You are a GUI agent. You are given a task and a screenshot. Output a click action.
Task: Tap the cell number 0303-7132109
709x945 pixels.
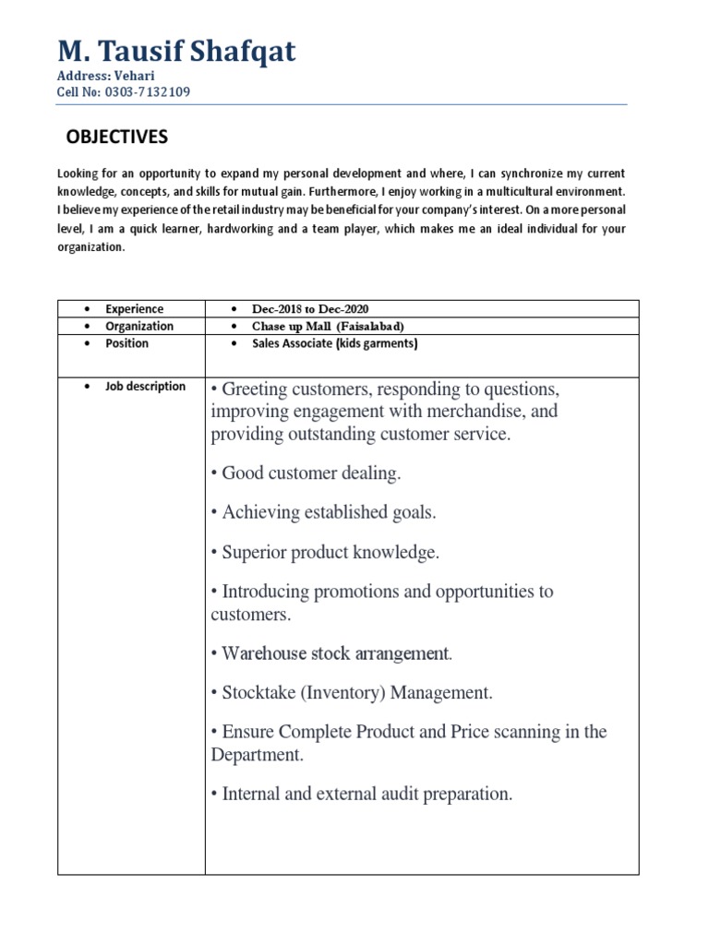(x=124, y=92)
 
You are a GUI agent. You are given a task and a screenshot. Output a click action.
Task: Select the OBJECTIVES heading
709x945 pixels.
(x=117, y=138)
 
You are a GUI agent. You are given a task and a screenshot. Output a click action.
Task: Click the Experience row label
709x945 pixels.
(x=134, y=309)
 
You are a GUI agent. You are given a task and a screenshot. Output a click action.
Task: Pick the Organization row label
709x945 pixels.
(x=138, y=326)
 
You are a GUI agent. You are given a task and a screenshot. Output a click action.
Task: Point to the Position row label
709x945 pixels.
(x=126, y=343)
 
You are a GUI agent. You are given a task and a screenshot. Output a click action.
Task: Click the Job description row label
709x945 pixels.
(x=145, y=387)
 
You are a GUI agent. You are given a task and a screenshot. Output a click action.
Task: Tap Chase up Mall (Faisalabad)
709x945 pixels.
(x=328, y=327)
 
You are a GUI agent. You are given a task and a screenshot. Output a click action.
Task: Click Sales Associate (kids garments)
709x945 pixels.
(x=335, y=343)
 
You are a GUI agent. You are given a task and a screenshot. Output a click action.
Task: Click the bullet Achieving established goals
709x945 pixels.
(x=324, y=513)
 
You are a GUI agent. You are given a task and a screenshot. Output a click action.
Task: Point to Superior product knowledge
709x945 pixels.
(x=326, y=553)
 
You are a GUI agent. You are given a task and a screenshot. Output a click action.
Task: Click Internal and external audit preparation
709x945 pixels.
(x=362, y=794)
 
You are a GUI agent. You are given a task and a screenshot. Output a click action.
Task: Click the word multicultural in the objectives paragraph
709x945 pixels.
(x=518, y=192)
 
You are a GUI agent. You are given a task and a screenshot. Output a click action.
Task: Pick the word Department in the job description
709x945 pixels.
(x=257, y=755)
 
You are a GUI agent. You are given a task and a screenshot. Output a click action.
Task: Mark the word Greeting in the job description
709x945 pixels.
(x=255, y=388)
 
